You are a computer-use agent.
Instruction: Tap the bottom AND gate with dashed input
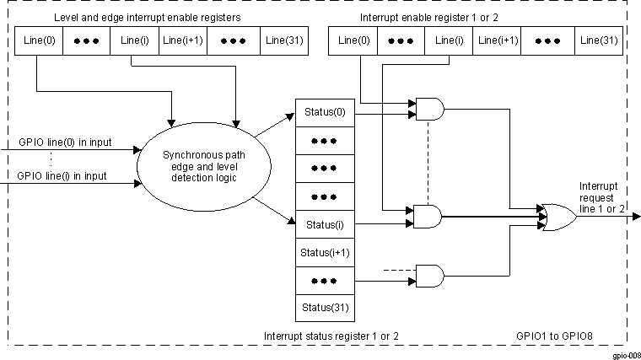(x=430, y=275)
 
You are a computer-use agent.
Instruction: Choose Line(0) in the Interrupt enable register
(x=353, y=40)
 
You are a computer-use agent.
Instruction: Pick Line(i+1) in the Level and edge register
(x=182, y=40)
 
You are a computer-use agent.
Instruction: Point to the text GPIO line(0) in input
(x=62, y=142)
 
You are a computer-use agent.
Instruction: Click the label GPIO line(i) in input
(x=62, y=176)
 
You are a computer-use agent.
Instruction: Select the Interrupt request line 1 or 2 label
(x=602, y=196)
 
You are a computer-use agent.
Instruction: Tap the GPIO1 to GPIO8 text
(x=554, y=336)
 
